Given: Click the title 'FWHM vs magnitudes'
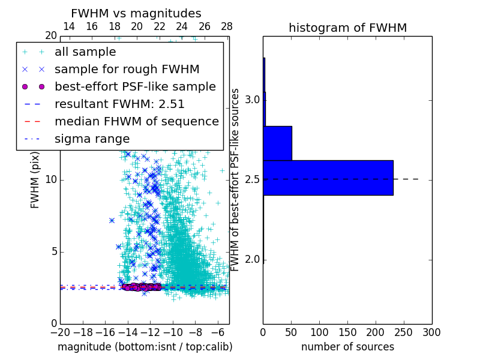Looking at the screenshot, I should point(136,14).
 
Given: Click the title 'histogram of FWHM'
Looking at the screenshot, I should point(347,28).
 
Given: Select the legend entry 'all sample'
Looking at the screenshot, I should point(85,52).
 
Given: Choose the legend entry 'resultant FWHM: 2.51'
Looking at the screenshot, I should point(119,104).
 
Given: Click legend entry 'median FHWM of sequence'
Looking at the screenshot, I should point(136,122).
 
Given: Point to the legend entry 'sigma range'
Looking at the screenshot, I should point(92,139).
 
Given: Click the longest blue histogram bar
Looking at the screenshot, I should point(328,178).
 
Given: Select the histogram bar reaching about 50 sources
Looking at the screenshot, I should point(278,143).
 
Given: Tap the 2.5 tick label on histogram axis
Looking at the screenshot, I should point(253,179).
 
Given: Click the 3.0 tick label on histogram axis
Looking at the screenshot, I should point(253,99).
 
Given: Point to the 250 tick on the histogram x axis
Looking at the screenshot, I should point(404,332).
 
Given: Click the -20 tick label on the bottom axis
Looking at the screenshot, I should point(60,332).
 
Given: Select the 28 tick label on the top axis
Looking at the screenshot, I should point(227,26).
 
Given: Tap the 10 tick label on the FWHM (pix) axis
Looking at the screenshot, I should point(50,179).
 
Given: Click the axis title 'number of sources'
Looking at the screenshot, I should point(347,347).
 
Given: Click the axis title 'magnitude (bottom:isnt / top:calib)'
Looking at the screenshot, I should point(145,347).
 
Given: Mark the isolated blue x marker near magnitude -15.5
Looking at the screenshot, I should point(112,220).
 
